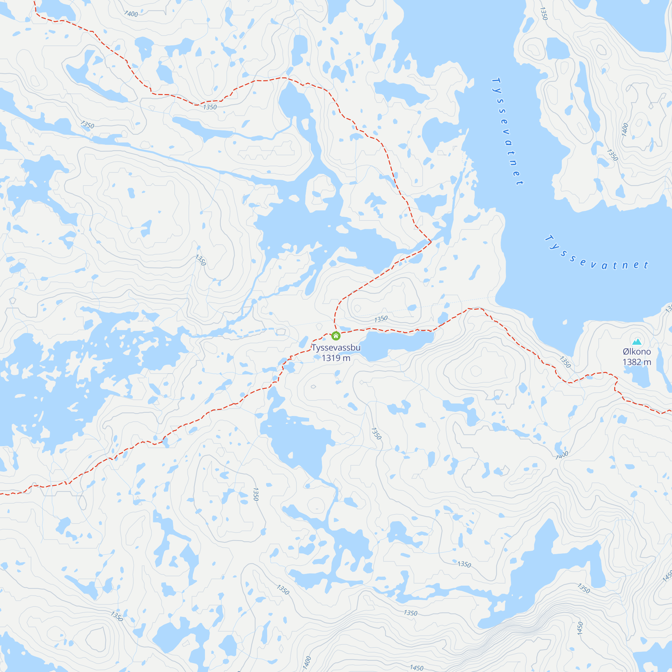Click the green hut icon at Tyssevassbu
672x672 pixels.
tap(336, 336)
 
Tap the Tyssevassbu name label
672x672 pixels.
tap(336, 347)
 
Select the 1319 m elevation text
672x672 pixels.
tap(336, 358)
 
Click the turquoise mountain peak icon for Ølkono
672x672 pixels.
tap(636, 341)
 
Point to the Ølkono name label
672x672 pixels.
tap(636, 352)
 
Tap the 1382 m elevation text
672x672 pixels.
tap(636, 362)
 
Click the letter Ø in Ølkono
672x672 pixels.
tap(626, 352)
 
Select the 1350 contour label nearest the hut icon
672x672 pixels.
tap(381, 319)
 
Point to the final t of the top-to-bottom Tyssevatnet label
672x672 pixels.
tap(519, 182)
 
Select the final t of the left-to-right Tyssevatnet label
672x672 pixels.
tap(646, 265)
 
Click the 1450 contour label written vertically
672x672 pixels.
tap(580, 628)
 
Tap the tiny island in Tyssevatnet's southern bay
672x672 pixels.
tap(564, 323)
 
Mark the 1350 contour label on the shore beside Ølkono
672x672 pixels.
tap(565, 362)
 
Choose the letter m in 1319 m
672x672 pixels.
tap(346, 358)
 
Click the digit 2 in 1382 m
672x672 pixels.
tap(640, 362)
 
